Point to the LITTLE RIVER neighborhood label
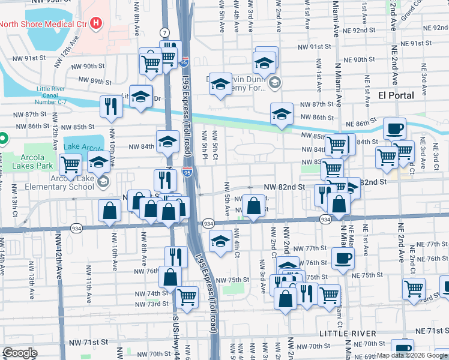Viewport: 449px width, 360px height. coord(348,333)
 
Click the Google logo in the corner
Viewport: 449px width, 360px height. coord(20,353)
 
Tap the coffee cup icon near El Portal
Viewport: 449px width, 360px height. coord(394,128)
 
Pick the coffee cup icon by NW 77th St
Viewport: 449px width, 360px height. coord(343,257)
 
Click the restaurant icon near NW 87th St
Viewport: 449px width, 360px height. coord(111,106)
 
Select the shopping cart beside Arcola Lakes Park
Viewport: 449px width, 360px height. coord(71,163)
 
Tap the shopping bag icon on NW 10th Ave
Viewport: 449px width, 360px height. coord(110,210)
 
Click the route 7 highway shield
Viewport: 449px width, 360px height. coord(164,32)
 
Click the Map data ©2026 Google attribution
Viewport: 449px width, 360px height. coord(411,355)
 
